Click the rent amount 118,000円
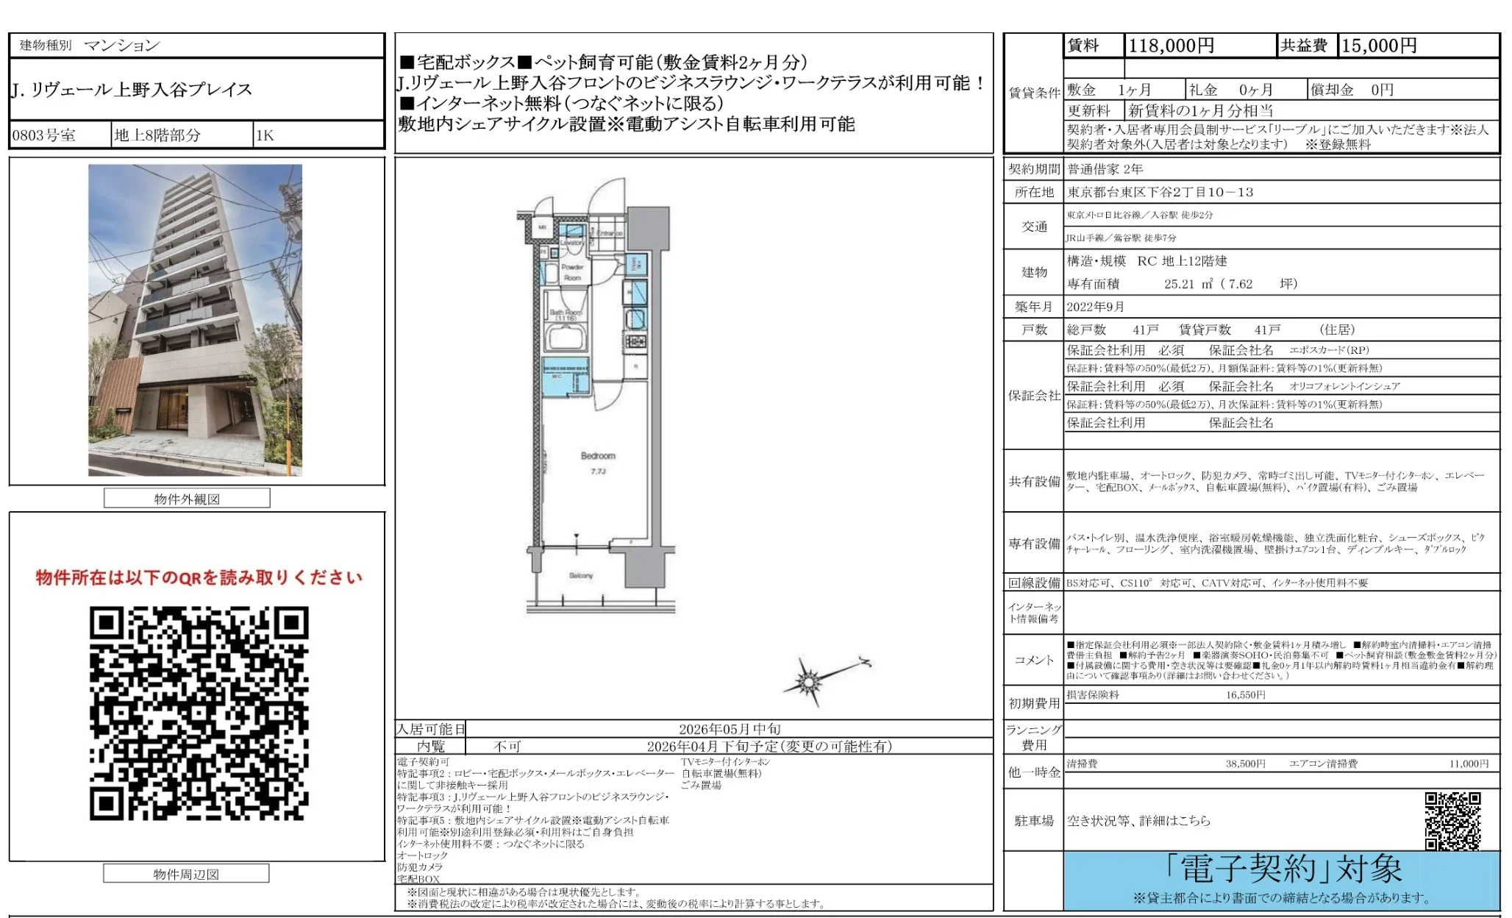[x=1171, y=46]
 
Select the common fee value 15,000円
[x=1379, y=46]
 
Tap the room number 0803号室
[x=44, y=135]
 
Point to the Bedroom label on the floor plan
[x=598, y=456]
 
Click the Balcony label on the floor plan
[x=581, y=575]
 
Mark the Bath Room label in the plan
[x=566, y=313]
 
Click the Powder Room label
[x=572, y=272]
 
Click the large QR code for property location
[x=199, y=713]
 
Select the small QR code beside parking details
[x=1452, y=820]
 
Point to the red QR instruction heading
[x=199, y=577]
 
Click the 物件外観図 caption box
[x=187, y=499]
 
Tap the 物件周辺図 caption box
[x=186, y=874]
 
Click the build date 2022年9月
[x=1095, y=307]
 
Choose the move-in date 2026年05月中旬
[x=730, y=729]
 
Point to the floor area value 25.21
[x=1179, y=284]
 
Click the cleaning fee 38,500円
[x=1245, y=764]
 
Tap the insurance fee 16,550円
[x=1245, y=694]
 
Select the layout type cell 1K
[x=265, y=135]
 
